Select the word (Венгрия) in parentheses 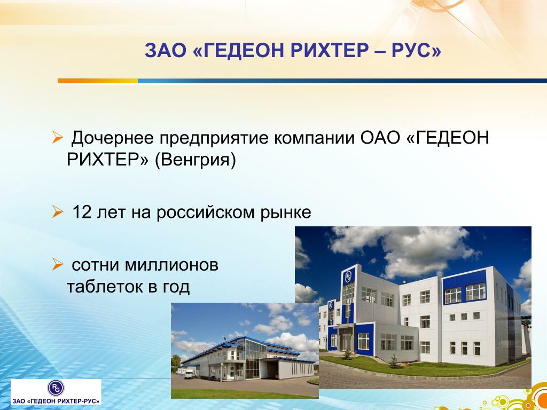pyautogui.click(x=196, y=160)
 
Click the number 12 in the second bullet pyautogui.click(x=82, y=212)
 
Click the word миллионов pyautogui.click(x=171, y=265)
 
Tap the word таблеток pyautogui.click(x=104, y=287)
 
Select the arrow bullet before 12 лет pyautogui.click(x=57, y=211)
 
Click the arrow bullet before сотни pyautogui.click(x=57, y=264)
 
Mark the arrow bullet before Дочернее pyautogui.click(x=57, y=137)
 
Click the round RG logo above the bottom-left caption pyautogui.click(x=56, y=388)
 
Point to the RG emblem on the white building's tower pyautogui.click(x=348, y=277)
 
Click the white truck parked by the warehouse pyautogui.click(x=190, y=374)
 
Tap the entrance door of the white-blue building pyautogui.click(x=346, y=342)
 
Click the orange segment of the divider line pyautogui.click(x=98, y=81)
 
